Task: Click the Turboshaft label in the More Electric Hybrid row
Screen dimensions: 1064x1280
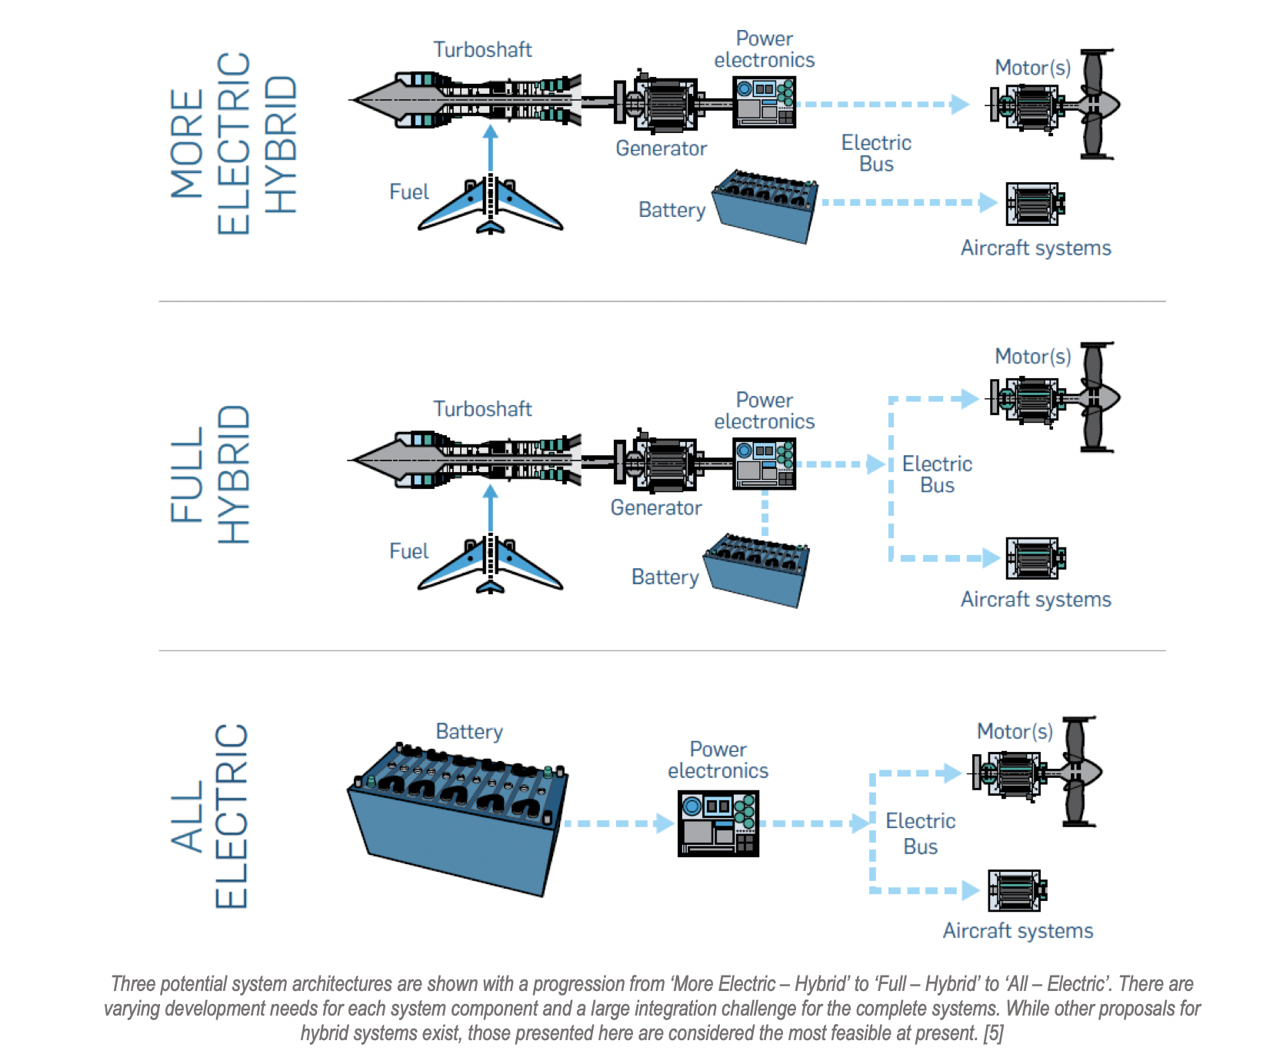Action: [x=482, y=50]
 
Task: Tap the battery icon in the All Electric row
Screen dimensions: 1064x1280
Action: [x=458, y=819]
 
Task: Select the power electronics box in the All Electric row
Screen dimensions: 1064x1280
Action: [x=718, y=823]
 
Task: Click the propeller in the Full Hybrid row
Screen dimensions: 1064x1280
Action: [x=1097, y=397]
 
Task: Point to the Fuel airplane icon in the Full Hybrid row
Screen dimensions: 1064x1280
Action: [x=490, y=566]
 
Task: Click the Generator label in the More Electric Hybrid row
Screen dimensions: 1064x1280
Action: [x=661, y=148]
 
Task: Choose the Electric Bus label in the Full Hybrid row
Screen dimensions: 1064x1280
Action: [x=937, y=474]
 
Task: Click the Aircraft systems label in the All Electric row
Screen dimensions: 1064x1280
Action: [x=1018, y=931]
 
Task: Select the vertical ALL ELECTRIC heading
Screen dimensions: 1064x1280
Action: [x=209, y=816]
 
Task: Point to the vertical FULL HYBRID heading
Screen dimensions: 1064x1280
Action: [x=209, y=474]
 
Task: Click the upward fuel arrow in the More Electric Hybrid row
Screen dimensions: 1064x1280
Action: [x=491, y=150]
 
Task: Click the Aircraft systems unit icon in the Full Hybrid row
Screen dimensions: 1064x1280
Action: [x=1035, y=558]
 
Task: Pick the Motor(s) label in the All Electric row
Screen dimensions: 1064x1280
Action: [x=1015, y=731]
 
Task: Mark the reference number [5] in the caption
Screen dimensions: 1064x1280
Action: [x=993, y=1033]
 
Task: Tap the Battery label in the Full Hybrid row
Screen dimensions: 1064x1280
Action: [x=665, y=577]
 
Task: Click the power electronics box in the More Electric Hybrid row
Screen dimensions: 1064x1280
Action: [x=764, y=101]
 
